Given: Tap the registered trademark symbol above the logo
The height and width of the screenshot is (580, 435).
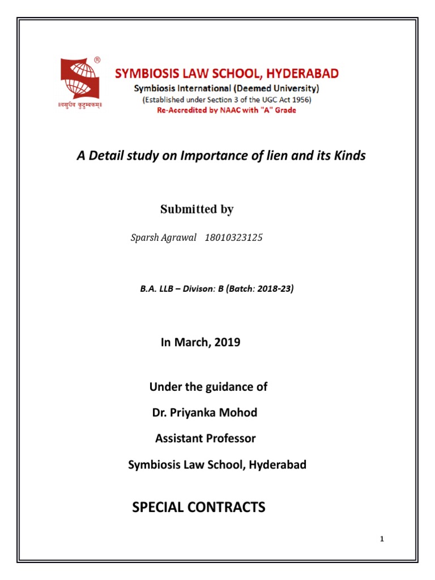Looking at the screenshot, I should pos(97,59).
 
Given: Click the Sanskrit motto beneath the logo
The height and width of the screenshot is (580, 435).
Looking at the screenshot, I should pos(80,105).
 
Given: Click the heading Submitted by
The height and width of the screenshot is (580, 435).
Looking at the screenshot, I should pos(197,210).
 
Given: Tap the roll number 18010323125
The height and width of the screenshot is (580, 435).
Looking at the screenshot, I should pos(232,238).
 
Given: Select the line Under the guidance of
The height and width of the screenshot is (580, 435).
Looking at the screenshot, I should pos(208,387).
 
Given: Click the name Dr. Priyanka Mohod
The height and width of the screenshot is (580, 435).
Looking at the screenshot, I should pos(204,412).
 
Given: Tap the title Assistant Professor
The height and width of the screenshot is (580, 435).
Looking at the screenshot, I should pos(205,438).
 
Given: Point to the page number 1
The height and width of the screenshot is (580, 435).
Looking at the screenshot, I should pos(382,539).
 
